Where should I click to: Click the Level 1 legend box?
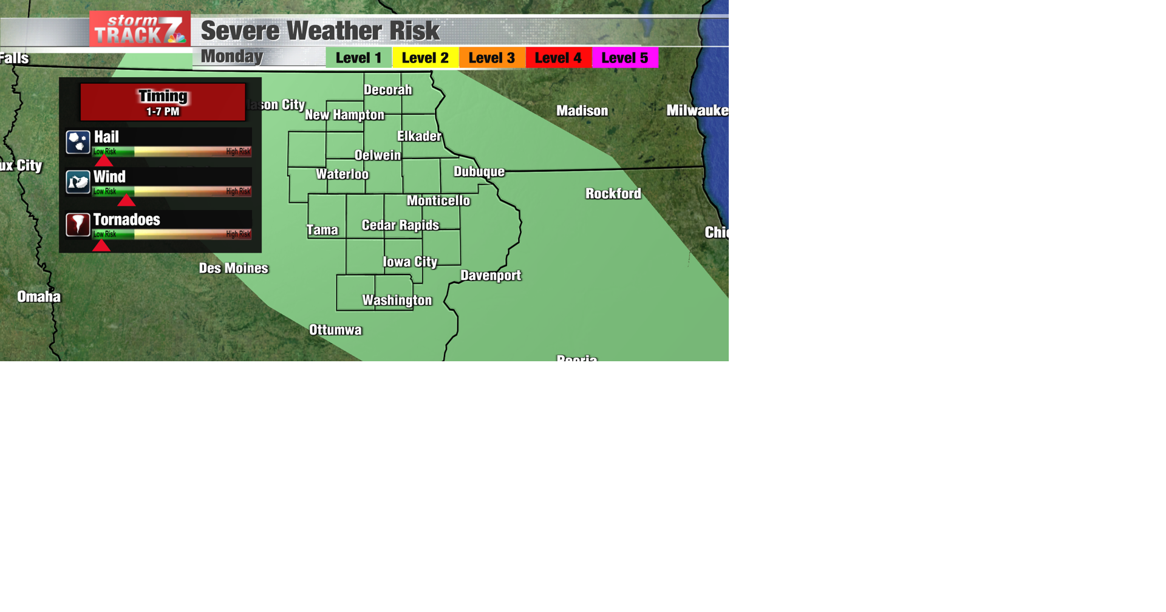pyautogui.click(x=358, y=58)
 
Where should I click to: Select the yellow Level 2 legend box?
pyautogui.click(x=425, y=58)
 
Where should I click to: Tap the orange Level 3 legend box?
pyautogui.click(x=492, y=58)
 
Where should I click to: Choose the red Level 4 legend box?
pyautogui.click(x=558, y=58)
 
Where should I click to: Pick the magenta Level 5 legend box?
pyautogui.click(x=625, y=58)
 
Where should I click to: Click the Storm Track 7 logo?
pyautogui.click(x=140, y=29)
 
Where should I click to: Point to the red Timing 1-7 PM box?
pyautogui.click(x=163, y=102)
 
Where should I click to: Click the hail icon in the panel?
pyautogui.click(x=78, y=142)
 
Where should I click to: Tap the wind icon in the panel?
pyautogui.click(x=78, y=182)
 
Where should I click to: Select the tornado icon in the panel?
pyautogui.click(x=78, y=225)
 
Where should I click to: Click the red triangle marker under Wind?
pyautogui.click(x=126, y=201)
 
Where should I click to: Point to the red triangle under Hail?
pyautogui.click(x=104, y=161)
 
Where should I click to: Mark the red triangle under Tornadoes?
pyautogui.click(x=101, y=245)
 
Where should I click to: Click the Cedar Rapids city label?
pyautogui.click(x=400, y=225)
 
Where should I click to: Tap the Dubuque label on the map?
pyautogui.click(x=479, y=172)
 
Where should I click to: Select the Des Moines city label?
pyautogui.click(x=234, y=268)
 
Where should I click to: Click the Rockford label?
pyautogui.click(x=613, y=194)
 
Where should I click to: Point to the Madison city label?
pyautogui.click(x=582, y=110)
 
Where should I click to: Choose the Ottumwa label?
pyautogui.click(x=335, y=330)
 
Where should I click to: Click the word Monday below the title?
pyautogui.click(x=232, y=56)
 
